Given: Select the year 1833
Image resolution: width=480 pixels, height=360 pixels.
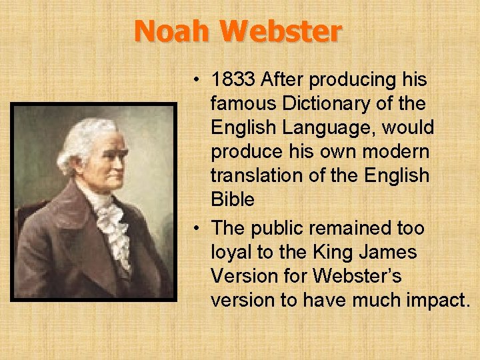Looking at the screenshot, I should coord(233,80).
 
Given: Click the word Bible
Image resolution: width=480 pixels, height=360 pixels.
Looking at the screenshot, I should coord(233,199).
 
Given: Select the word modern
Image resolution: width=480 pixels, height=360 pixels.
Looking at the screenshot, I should coord(397,152).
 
